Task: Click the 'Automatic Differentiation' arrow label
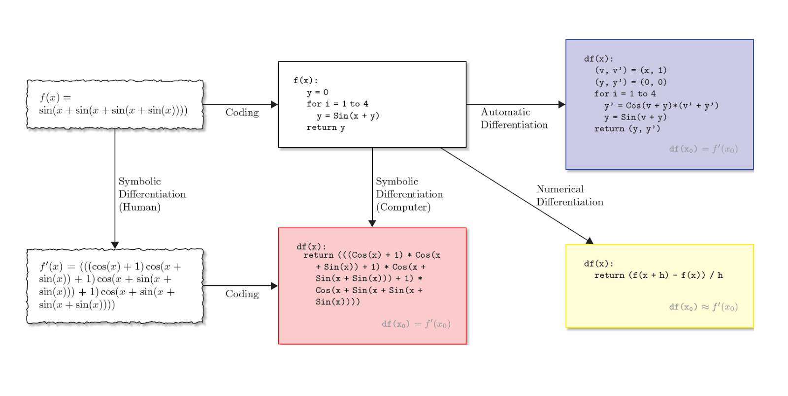[x=514, y=119]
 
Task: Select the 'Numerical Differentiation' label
[x=569, y=196]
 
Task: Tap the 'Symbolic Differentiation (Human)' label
[x=152, y=194]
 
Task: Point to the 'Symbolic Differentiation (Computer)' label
[x=409, y=194]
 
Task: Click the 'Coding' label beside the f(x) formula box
[x=242, y=113]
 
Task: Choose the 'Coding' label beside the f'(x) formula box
[x=242, y=294]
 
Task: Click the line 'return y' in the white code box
[x=326, y=127]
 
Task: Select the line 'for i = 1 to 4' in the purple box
[x=624, y=93]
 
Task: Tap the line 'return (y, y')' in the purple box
[x=626, y=129]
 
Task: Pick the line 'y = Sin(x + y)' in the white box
[x=348, y=116]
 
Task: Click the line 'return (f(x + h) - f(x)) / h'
[x=658, y=275]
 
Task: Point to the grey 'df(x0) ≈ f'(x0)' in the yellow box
[x=703, y=307]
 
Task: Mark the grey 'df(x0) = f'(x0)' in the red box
[x=416, y=324]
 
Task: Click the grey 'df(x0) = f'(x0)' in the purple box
[x=703, y=149]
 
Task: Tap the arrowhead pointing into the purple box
[x=561, y=104]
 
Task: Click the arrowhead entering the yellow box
[x=589, y=241]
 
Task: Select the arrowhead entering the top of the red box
[x=372, y=223]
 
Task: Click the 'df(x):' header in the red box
[x=311, y=246]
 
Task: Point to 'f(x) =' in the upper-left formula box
[x=55, y=97]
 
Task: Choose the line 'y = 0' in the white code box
[x=317, y=92]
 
